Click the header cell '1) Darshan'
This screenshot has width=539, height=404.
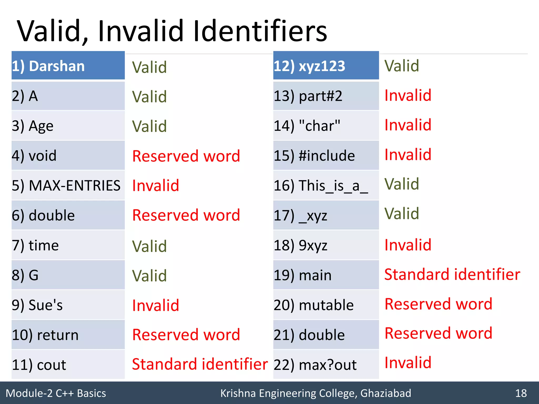click(x=68, y=66)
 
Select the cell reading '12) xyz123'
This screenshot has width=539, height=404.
click(x=326, y=66)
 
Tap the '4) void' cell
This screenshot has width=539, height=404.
click(x=68, y=155)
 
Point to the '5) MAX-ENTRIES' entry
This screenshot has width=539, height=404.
click(x=68, y=185)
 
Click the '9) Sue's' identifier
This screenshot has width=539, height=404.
click(x=68, y=305)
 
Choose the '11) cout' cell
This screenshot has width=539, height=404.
click(x=68, y=365)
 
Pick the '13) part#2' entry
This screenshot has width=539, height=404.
click(x=326, y=96)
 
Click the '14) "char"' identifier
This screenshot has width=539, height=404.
click(x=326, y=126)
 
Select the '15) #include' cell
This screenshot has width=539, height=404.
click(x=326, y=155)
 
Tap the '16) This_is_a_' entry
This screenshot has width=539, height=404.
click(x=326, y=185)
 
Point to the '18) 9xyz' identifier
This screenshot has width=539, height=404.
click(x=326, y=245)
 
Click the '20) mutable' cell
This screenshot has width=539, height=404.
click(x=326, y=305)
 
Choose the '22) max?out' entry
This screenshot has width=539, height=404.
click(x=326, y=365)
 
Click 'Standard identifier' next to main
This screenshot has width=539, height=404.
click(x=452, y=275)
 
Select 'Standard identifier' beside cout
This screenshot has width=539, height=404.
click(x=200, y=364)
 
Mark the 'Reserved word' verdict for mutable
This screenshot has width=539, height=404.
click(x=438, y=304)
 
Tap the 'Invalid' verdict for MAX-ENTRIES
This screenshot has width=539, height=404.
click(x=156, y=185)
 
